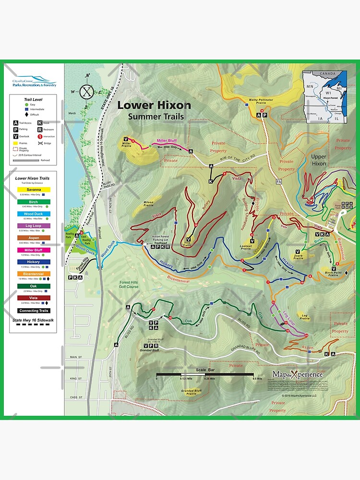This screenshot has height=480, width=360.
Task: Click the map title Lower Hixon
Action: click(x=154, y=105)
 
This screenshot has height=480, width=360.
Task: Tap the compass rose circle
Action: click(x=87, y=91)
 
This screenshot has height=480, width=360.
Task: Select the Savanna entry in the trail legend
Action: click(x=34, y=190)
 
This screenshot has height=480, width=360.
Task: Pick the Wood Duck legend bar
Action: click(x=34, y=214)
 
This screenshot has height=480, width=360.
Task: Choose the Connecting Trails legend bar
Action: click(x=34, y=311)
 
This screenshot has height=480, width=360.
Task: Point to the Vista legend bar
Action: click(x=34, y=298)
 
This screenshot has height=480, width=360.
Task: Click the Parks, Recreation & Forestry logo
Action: click(x=34, y=82)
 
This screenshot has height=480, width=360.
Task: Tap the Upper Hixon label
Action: click(x=319, y=160)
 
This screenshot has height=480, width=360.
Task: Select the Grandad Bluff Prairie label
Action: click(x=191, y=392)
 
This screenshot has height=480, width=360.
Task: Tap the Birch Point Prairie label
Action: click(x=335, y=274)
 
